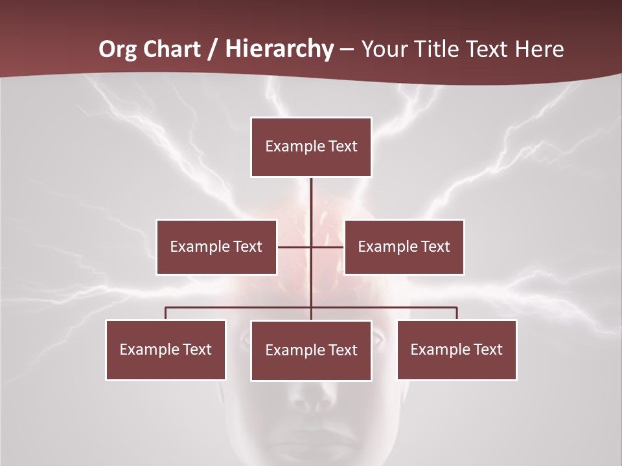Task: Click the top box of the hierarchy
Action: coord(311,147)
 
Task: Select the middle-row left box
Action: coord(216,247)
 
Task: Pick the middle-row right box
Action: coord(404,247)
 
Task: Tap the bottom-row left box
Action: coord(165,349)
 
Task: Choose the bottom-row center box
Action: coord(311,350)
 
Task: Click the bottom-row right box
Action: coord(456,349)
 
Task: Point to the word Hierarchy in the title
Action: coord(279,49)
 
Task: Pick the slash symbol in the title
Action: coord(213,49)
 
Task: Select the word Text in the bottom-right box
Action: coord(488,349)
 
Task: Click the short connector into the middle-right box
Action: coord(328,247)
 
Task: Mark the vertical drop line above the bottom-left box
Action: coord(166,313)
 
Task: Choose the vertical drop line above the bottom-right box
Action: coord(457,313)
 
